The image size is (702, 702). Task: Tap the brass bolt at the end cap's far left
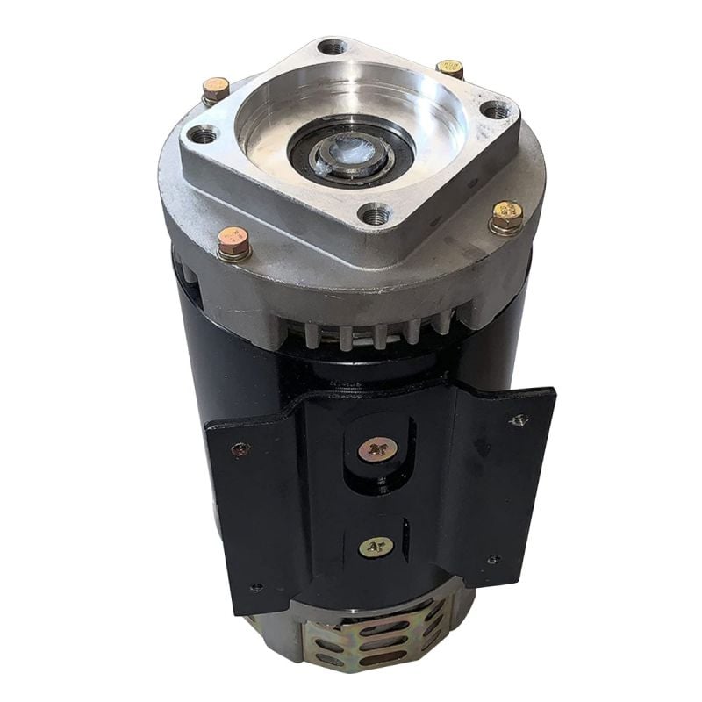[x=215, y=88]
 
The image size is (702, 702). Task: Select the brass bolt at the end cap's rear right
[x=449, y=68]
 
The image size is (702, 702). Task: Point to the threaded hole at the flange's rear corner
[x=333, y=47]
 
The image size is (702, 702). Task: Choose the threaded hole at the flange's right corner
[x=497, y=111]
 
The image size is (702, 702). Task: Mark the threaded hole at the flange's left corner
[x=204, y=134]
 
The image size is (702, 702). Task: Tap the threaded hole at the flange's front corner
[x=376, y=213]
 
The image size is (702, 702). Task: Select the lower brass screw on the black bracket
[x=376, y=547]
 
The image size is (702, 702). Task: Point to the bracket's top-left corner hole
[x=239, y=450]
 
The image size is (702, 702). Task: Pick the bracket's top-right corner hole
[x=519, y=420]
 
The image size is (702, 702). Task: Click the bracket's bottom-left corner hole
[x=255, y=587]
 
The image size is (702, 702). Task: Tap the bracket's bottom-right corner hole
[x=494, y=559]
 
